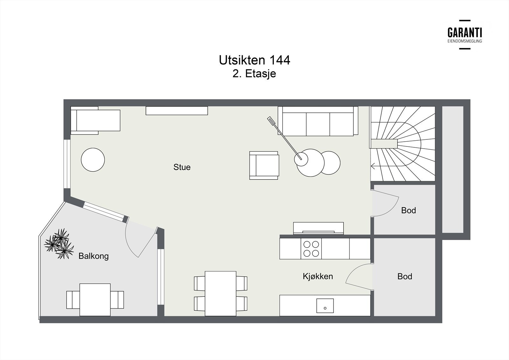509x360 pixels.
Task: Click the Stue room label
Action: tap(182, 167)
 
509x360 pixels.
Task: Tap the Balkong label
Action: tap(94, 256)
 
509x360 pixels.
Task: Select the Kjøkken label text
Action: tap(318, 276)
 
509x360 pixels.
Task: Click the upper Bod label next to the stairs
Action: tap(408, 210)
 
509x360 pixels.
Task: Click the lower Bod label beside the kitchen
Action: tap(405, 276)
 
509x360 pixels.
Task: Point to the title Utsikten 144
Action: tap(254, 60)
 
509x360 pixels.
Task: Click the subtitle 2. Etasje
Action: tap(254, 74)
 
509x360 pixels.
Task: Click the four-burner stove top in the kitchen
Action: tap(311, 249)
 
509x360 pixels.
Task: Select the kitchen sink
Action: tap(325, 306)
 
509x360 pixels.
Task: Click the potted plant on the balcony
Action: tap(59, 244)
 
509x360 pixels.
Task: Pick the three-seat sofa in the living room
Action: tap(318, 121)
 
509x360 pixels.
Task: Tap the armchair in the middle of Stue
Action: tap(264, 165)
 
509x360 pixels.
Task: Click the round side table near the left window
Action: tap(93, 160)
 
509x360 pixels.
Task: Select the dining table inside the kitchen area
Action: tap(220, 293)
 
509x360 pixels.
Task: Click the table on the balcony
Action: tap(95, 300)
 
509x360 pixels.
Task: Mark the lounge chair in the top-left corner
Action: tap(95, 120)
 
